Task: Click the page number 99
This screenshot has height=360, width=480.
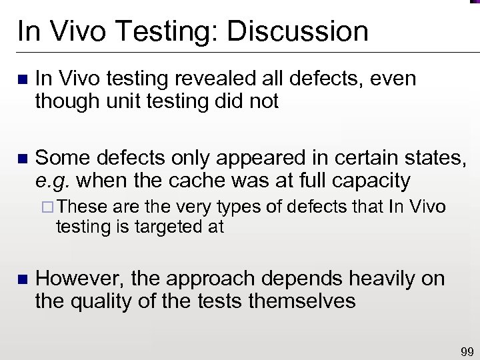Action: pyautogui.click(x=466, y=351)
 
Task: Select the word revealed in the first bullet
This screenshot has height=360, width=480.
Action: pyautogui.click(x=203, y=79)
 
